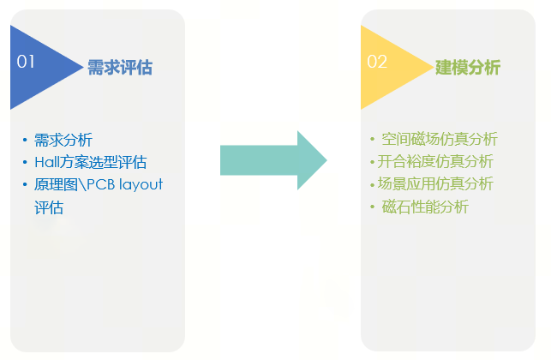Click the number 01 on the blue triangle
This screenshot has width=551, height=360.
[26, 62]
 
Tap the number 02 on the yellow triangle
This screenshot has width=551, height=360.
[377, 62]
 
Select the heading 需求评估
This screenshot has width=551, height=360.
[119, 68]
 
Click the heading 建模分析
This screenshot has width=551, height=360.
[468, 68]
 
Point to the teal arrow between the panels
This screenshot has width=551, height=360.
[273, 160]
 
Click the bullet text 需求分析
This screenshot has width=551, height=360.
[63, 140]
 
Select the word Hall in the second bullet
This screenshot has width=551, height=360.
[46, 162]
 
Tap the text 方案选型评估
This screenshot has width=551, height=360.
[103, 162]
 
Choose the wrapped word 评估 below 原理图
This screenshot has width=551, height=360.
[49, 207]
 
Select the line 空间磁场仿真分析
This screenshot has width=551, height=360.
[440, 139]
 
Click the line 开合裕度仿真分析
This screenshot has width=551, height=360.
[435, 161]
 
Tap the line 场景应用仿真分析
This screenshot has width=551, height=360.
[435, 183]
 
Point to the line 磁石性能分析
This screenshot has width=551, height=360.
[425, 207]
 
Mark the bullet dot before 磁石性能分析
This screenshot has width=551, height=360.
[372, 207]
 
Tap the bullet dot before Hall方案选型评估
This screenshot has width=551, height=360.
[26, 162]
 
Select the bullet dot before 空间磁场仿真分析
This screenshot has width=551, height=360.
[372, 139]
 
